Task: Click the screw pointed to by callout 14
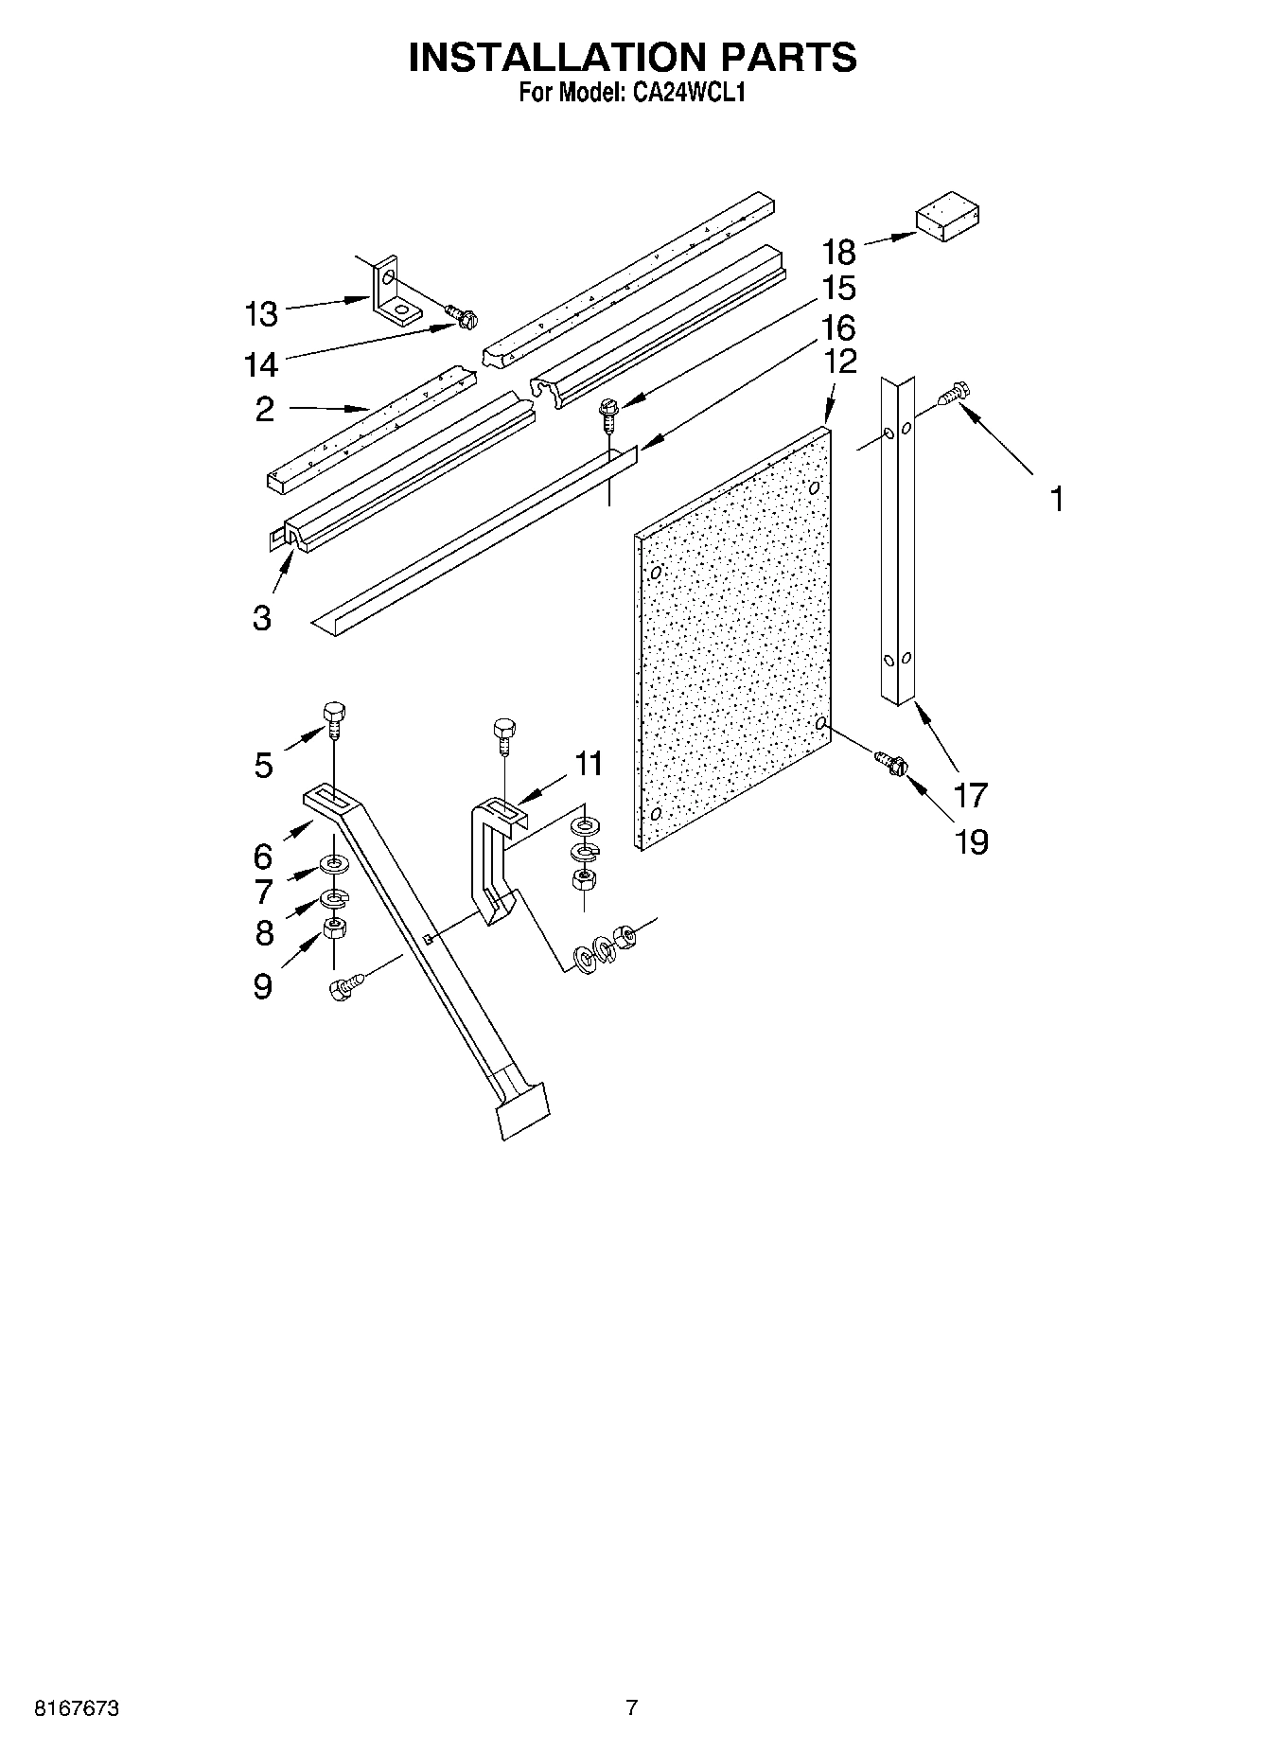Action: point(462,318)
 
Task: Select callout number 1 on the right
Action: point(1057,498)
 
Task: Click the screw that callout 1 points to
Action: point(952,395)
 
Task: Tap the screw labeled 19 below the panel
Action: point(891,763)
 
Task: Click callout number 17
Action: point(971,795)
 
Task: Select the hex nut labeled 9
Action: point(335,928)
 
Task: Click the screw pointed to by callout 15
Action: point(607,413)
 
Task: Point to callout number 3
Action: point(262,617)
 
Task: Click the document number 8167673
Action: point(77,1708)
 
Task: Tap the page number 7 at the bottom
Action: point(632,1708)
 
